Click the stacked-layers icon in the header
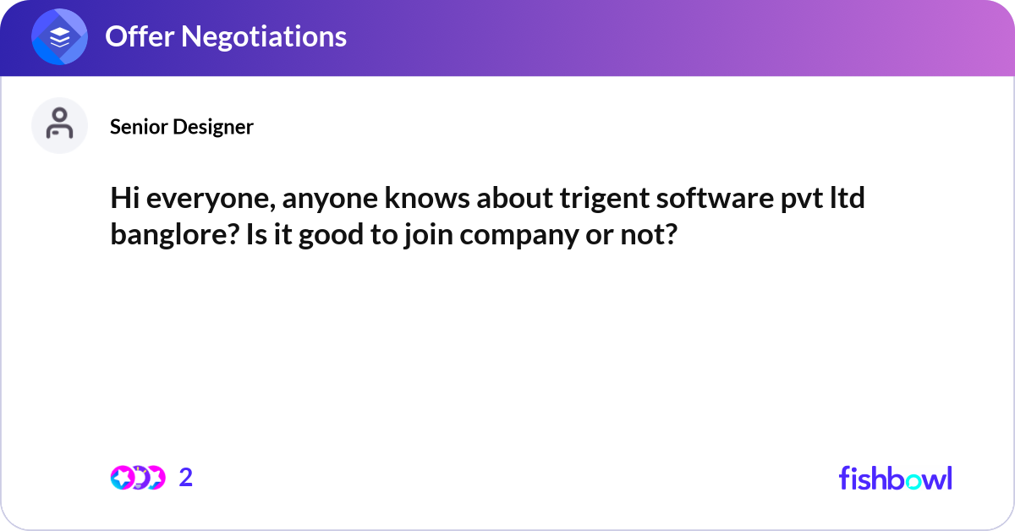coord(60,37)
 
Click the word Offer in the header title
coord(135,36)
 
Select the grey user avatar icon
coord(59,125)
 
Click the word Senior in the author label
coord(139,127)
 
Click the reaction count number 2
coord(186,478)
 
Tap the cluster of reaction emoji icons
coord(137,478)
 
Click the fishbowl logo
coord(895,478)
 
